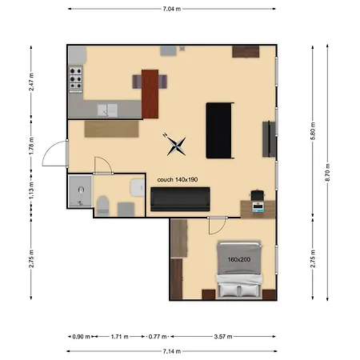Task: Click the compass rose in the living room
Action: tap(177, 144)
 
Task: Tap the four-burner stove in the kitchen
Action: tap(78, 79)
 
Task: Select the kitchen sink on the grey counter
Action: tap(107, 110)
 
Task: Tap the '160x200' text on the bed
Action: tap(238, 258)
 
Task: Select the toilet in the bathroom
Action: tap(102, 203)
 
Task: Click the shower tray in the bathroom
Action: tap(80, 193)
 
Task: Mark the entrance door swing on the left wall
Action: tap(54, 151)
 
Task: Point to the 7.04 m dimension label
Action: tap(171, 9)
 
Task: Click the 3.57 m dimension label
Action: tap(229, 337)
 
